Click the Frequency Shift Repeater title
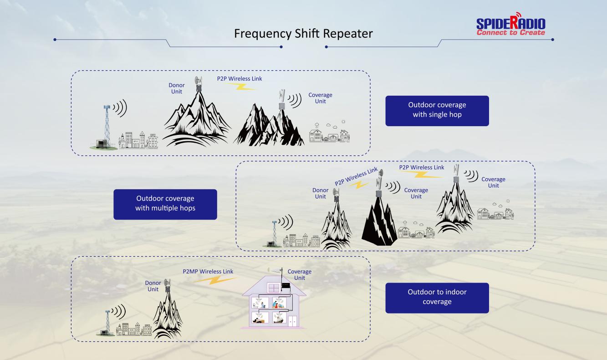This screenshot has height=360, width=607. coord(303,34)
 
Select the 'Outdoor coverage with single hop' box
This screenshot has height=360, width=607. coord(437,110)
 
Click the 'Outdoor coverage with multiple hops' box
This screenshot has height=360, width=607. coord(165,204)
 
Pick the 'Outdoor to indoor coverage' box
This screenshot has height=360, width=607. coord(437,298)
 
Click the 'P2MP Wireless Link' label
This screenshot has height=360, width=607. coord(208,272)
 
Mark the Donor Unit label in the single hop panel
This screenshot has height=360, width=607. coord(177,88)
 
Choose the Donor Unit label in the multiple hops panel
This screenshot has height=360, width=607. coord(320,193)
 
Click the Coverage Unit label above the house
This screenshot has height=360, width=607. coord(299,275)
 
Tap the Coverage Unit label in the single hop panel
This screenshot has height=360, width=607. coord(320,98)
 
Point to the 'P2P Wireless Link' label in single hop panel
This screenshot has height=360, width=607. coord(239,78)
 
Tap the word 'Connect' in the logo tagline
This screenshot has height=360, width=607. coord(491,32)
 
